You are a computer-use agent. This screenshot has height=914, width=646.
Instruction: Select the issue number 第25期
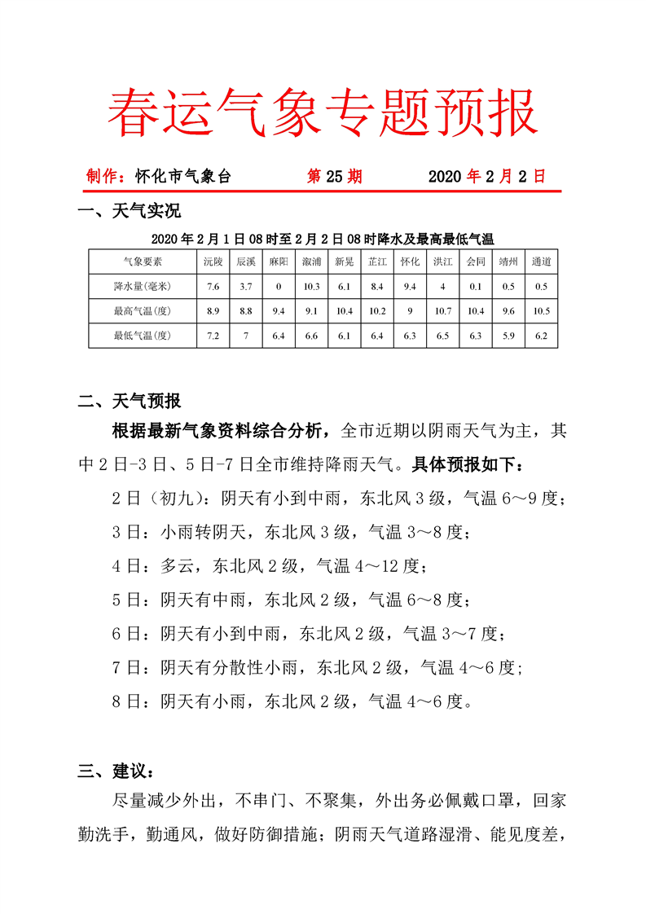334,176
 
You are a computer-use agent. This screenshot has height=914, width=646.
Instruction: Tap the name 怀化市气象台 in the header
183,176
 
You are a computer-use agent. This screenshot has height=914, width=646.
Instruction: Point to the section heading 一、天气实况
129,213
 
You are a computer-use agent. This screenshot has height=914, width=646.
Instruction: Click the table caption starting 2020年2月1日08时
323,239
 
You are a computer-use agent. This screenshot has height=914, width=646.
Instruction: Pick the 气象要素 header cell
143,261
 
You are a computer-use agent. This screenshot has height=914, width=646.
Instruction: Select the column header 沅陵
213,261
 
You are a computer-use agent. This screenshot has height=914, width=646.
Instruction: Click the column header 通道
541,261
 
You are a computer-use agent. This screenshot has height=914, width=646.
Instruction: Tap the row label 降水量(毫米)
143,286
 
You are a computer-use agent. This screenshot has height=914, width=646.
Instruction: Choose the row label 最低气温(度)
143,335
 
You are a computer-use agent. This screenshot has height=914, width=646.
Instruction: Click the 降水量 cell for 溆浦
311,286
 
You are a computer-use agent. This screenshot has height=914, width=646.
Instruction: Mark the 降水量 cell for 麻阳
278,286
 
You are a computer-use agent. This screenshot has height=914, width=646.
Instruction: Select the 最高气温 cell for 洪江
442,310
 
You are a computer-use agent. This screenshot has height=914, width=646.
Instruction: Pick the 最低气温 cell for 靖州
508,335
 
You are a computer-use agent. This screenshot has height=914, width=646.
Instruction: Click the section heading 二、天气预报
129,401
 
